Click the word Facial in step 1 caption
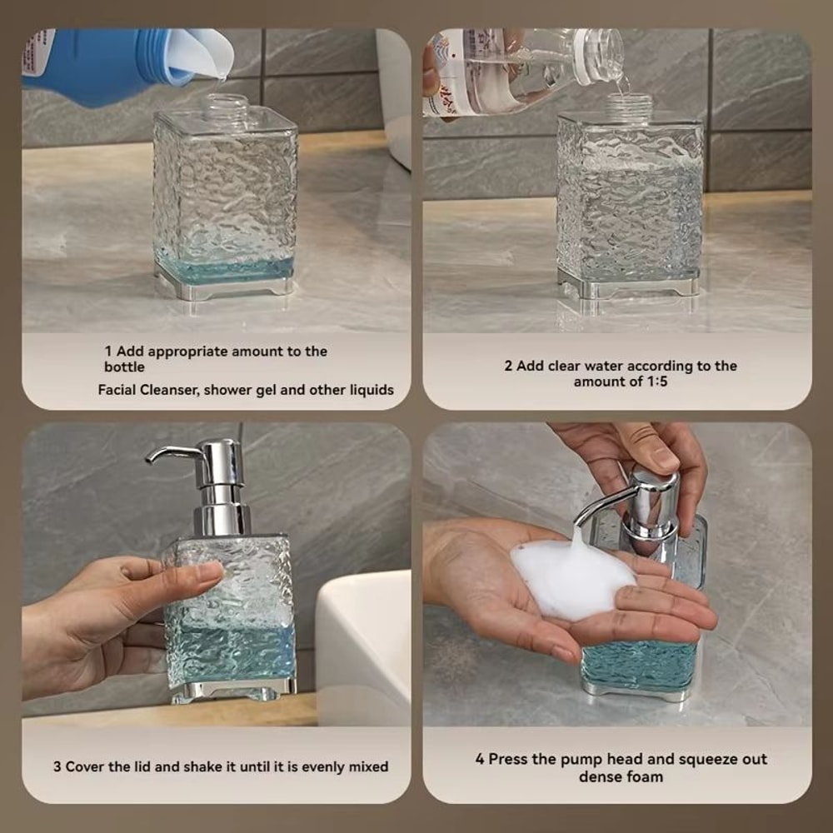[x=120, y=390]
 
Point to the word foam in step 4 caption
[x=646, y=776]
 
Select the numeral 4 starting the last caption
[x=480, y=759]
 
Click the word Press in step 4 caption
[x=507, y=759]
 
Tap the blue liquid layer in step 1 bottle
[x=225, y=269]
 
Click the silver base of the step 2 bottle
[x=629, y=287]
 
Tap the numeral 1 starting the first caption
[x=108, y=352]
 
